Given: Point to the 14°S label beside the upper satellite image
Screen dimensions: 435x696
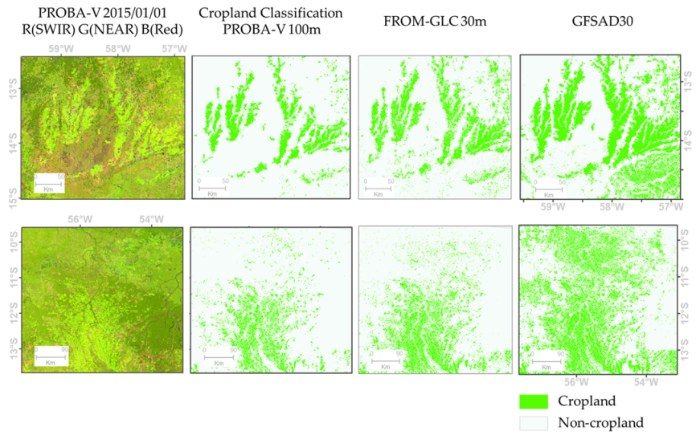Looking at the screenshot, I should point(11,144).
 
